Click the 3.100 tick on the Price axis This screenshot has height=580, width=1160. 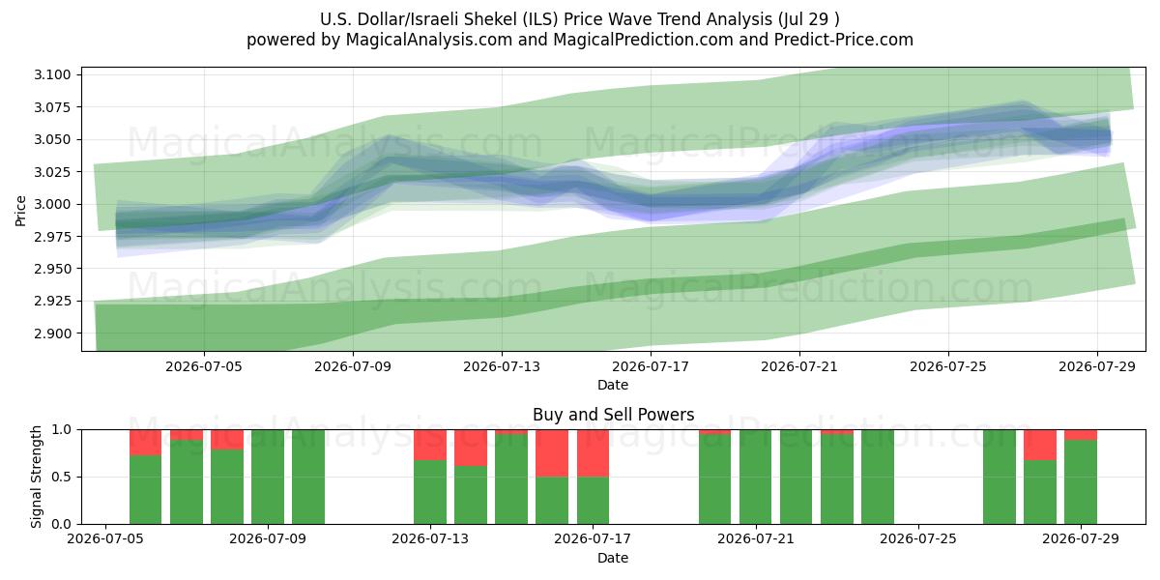pos(52,74)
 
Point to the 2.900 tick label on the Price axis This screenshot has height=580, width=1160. pos(52,333)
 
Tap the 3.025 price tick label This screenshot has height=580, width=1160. pos(52,172)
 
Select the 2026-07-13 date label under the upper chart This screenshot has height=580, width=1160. pos(502,366)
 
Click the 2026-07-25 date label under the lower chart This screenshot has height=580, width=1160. pos(918,538)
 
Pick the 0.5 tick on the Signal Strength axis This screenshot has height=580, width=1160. pos(62,477)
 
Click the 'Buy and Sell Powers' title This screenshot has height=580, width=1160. pos(613,415)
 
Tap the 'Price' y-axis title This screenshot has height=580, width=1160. pos(20,211)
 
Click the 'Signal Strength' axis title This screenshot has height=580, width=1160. pos(36,477)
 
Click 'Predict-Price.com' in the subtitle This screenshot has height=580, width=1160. pos(844,40)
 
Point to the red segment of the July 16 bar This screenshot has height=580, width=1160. pos(552,453)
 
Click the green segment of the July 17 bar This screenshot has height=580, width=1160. pos(593,501)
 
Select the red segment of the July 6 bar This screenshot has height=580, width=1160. pos(146,443)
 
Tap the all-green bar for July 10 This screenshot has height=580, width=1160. pos(308,477)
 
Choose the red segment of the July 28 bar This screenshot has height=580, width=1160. pos(1040,445)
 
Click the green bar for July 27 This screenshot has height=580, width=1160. pos(1000,477)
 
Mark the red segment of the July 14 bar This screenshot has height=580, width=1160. pos(471,448)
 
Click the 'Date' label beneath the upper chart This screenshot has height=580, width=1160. pos(613,386)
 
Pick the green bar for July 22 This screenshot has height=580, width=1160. pos(796,477)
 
